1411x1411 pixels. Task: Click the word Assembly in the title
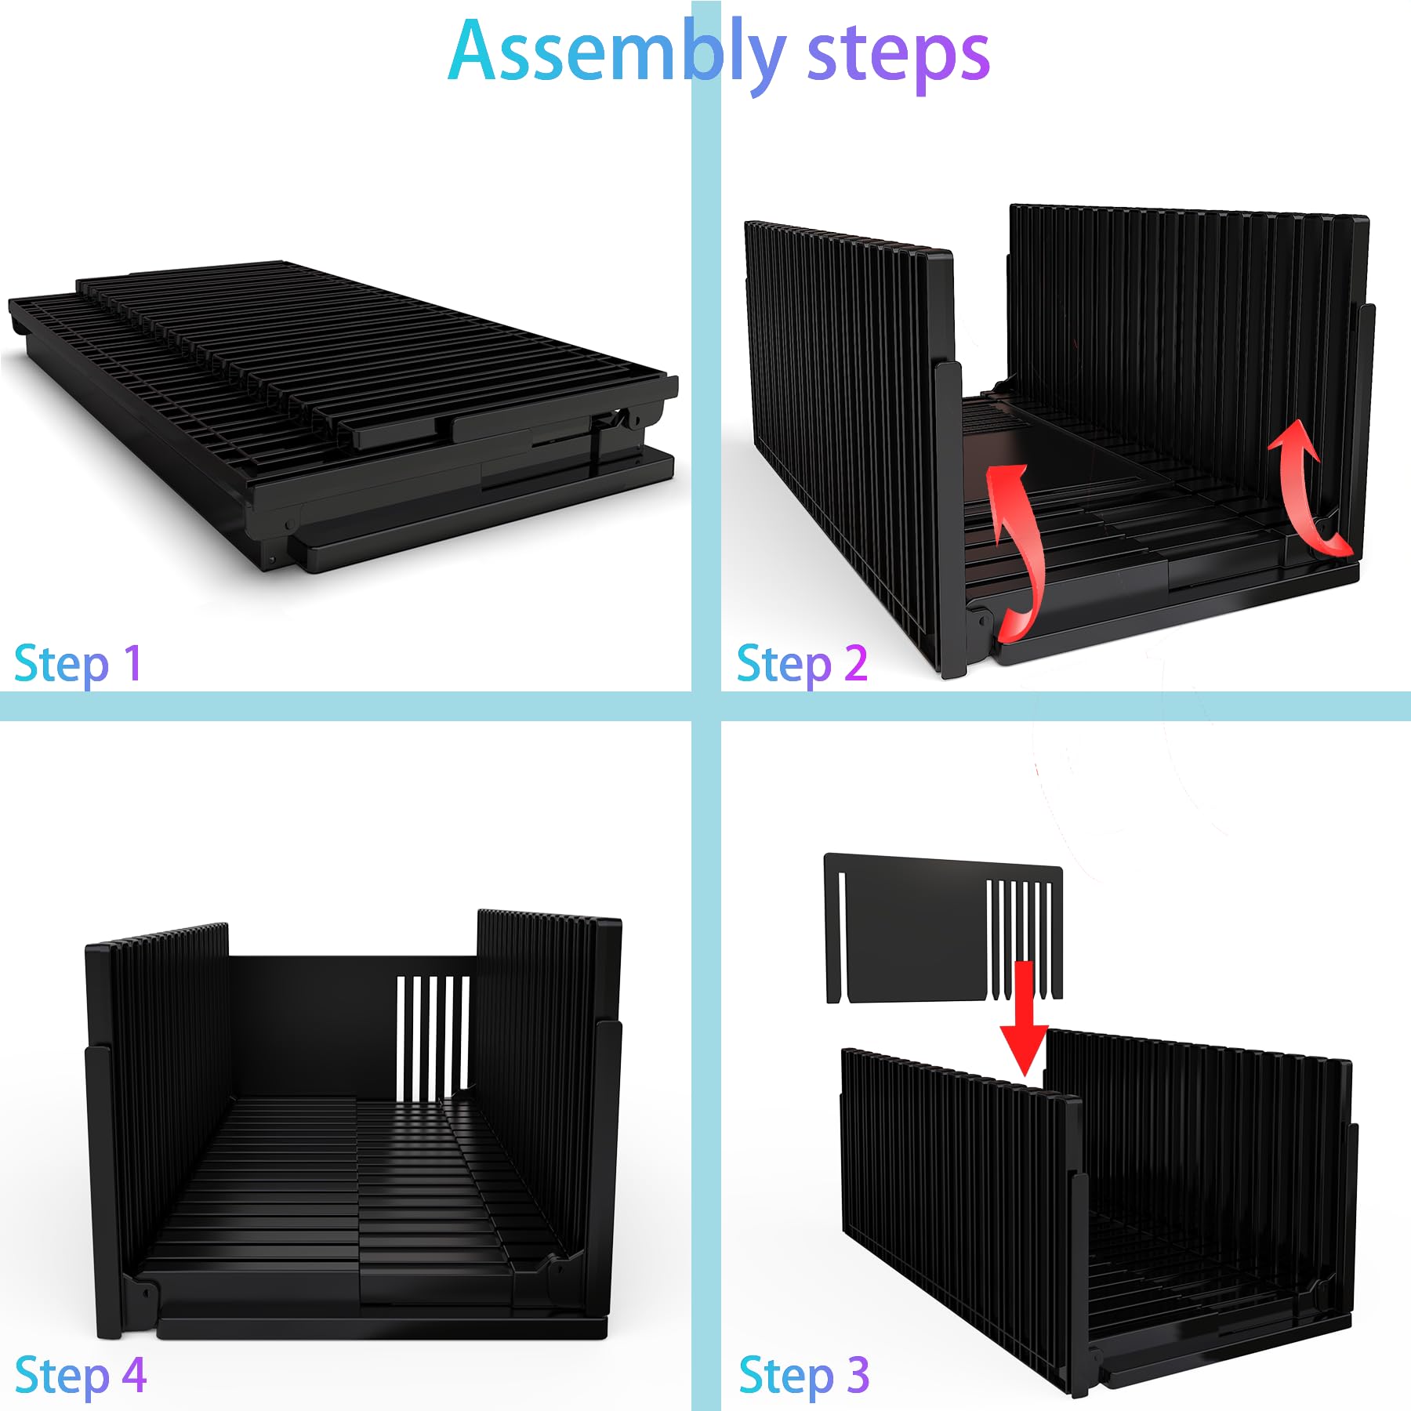point(616,53)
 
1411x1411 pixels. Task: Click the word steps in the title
point(898,56)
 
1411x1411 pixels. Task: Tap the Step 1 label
point(78,665)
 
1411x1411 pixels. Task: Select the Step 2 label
point(802,665)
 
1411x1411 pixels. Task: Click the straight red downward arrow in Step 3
point(1024,1018)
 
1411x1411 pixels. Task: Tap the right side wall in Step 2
point(1188,376)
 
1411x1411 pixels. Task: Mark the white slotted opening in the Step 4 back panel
point(433,1036)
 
